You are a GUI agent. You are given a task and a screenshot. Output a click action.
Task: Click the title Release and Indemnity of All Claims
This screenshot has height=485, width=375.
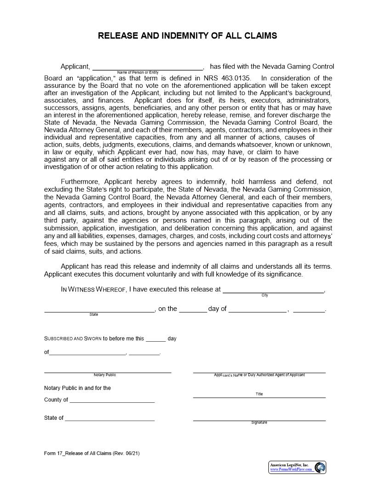tap(187, 36)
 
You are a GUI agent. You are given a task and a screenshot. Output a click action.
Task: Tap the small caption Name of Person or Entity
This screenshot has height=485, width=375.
tap(138, 73)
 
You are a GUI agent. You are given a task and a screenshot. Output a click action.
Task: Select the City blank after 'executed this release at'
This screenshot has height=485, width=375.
tap(273, 290)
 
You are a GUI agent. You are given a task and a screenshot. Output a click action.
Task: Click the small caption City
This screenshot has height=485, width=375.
tap(265, 295)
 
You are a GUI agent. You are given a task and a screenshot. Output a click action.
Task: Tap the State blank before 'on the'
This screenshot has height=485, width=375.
tap(99, 310)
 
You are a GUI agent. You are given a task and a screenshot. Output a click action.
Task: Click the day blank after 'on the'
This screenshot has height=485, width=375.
tap(193, 310)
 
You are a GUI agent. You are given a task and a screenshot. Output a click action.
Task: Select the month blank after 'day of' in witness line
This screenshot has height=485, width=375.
tap(257, 310)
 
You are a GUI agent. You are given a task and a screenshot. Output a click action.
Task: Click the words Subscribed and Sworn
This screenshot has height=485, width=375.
tap(73, 338)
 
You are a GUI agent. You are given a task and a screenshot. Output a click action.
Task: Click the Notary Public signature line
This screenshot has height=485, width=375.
tap(108, 372)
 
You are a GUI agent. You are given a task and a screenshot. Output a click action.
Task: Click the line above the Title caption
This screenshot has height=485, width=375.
tap(259, 397)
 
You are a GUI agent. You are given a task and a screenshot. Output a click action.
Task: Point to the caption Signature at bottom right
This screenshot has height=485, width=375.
tap(259, 423)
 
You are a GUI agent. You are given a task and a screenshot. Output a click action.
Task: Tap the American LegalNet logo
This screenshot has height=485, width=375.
tap(297, 467)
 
